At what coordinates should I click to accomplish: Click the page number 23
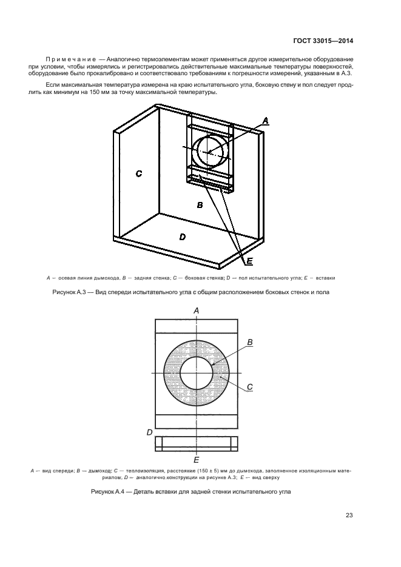tap(349, 515)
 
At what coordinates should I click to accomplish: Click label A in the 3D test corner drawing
tap(265, 121)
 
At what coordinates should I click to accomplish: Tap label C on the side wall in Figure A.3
tap(138, 174)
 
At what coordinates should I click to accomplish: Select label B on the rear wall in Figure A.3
tap(200, 206)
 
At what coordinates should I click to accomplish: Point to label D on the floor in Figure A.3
tap(182, 237)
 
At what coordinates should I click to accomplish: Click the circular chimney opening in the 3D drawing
tap(210, 152)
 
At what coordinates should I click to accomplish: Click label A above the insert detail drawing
tap(196, 310)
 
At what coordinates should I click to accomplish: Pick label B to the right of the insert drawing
tap(250, 343)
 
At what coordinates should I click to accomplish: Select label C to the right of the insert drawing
tap(250, 386)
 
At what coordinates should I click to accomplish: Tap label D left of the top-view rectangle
tap(149, 432)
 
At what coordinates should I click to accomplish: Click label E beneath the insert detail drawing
tap(196, 460)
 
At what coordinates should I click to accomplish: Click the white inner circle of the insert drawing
tap(196, 373)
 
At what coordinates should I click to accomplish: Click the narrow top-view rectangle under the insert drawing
tap(196, 443)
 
